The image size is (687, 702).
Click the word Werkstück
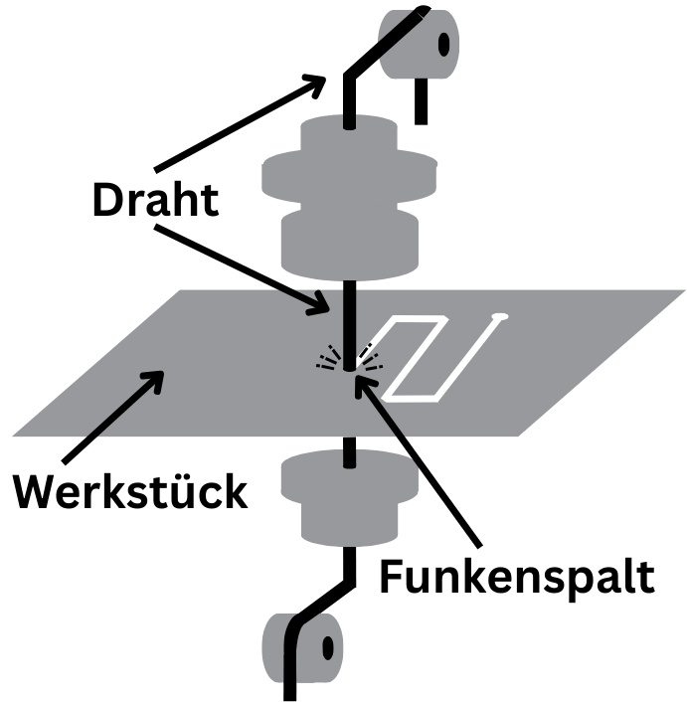click(129, 492)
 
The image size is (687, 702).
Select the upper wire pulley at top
click(419, 44)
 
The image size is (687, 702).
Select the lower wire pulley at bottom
click(299, 647)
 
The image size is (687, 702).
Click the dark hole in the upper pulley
click(443, 43)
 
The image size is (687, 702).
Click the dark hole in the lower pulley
click(325, 648)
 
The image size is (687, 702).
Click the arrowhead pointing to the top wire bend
click(321, 83)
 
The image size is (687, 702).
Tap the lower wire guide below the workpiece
click(348, 498)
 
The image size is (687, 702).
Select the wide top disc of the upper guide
click(349, 170)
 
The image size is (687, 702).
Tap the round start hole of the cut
click(499, 319)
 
